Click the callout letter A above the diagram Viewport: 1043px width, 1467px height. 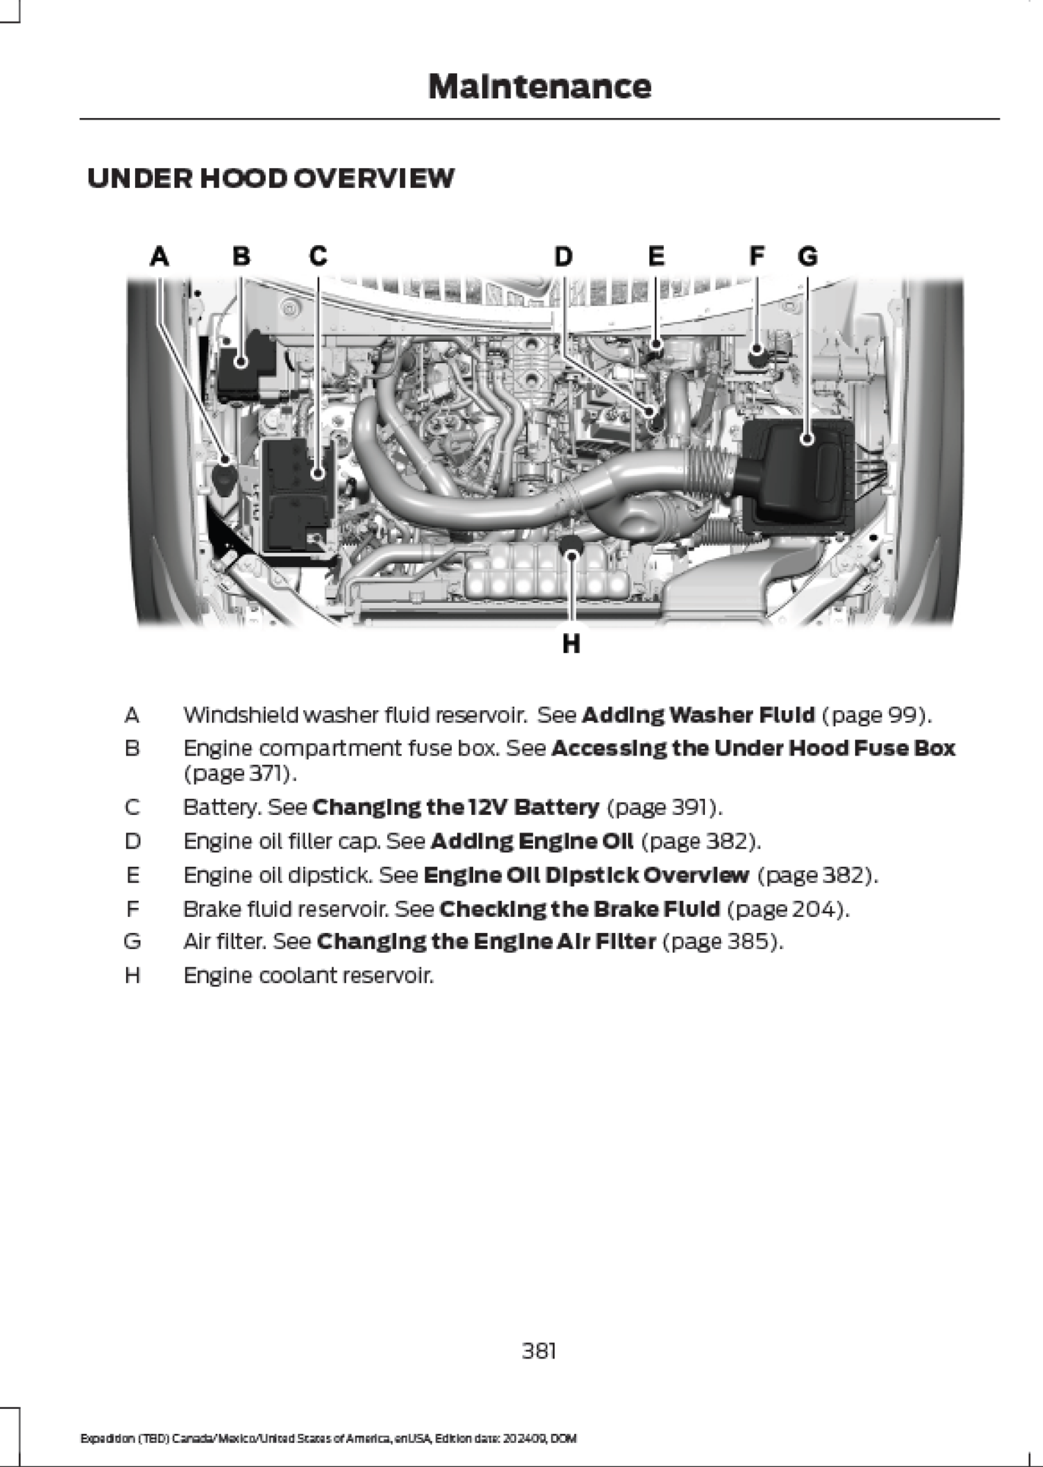tap(160, 257)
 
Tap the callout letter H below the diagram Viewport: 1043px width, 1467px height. tap(571, 644)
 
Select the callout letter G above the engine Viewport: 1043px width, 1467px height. tap(808, 257)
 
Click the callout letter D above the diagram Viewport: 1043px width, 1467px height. tap(563, 257)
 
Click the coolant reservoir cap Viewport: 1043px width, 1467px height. tap(571, 546)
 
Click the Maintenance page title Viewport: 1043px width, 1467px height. tap(539, 87)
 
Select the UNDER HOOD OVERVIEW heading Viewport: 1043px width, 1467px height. tap(271, 178)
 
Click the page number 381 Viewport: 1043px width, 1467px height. tap(539, 1350)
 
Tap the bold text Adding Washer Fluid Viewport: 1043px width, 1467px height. tap(698, 714)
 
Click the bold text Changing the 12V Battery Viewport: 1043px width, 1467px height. tap(455, 808)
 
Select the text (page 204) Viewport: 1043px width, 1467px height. tap(788, 910)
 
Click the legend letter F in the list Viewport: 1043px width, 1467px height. tap(133, 910)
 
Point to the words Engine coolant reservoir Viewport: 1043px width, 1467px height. tap(309, 976)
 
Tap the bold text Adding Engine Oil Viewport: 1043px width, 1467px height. tap(532, 841)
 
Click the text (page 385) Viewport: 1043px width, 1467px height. tap(722, 941)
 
